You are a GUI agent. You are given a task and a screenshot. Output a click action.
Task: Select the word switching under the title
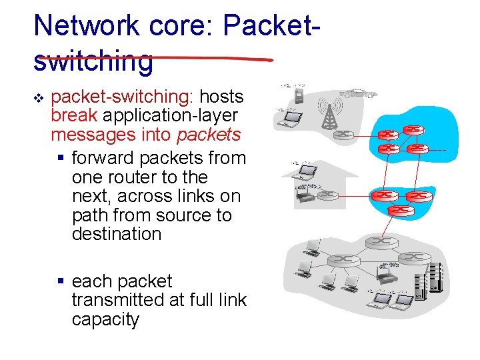point(93,61)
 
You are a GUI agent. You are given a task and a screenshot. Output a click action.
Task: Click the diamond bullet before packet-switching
point(38,98)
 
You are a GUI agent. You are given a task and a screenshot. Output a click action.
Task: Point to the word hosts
point(222,97)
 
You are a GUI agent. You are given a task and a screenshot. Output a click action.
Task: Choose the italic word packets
point(209,135)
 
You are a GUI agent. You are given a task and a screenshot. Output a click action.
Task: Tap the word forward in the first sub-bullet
point(102,159)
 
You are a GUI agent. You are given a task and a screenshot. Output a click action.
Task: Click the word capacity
point(106,319)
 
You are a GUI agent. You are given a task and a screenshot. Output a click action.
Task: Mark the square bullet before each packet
point(61,282)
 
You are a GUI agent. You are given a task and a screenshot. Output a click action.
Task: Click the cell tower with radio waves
point(329,113)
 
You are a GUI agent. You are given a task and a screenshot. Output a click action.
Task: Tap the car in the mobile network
point(359,94)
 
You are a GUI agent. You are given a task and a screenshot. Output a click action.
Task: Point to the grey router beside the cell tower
point(344,134)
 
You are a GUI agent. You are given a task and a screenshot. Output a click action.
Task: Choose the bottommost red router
point(401,209)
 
